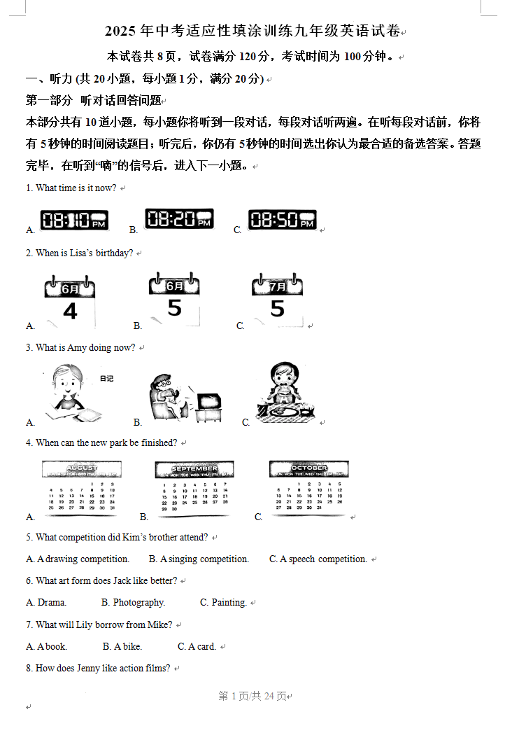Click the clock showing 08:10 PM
[x=74, y=221]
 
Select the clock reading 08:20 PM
[x=179, y=219]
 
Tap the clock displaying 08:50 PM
[x=282, y=220]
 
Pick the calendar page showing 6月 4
[x=70, y=301]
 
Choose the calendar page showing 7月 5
[x=278, y=299]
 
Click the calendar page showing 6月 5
[x=174, y=299]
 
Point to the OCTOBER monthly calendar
[x=308, y=487]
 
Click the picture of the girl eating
[x=284, y=393]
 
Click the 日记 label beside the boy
[x=106, y=378]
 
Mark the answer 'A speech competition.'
[x=323, y=559]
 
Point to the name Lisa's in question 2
[x=82, y=253]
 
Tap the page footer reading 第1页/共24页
[x=253, y=696]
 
